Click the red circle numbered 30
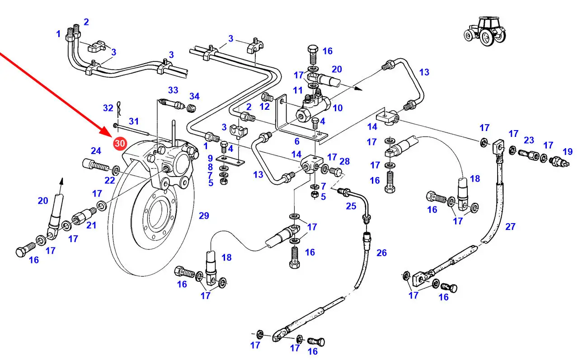[120, 144]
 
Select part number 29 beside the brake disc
[204, 216]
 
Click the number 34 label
[194, 96]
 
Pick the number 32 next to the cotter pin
[108, 108]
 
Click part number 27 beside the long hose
[510, 226]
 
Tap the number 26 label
[381, 252]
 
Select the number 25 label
[351, 206]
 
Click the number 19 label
[567, 152]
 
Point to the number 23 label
[529, 140]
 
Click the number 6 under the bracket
[296, 141]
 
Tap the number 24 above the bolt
[96, 151]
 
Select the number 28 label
[344, 162]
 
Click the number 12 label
[264, 106]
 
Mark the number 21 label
[91, 224]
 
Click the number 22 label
[110, 181]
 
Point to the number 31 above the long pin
[134, 121]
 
